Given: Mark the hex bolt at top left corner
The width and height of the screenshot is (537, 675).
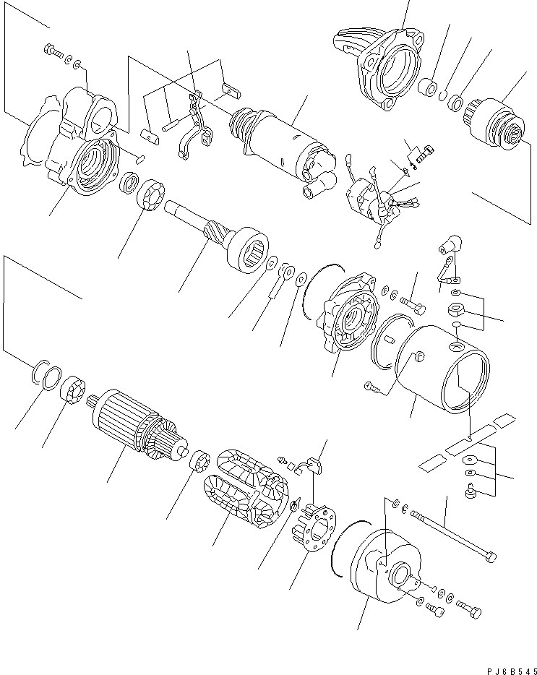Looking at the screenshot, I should point(52,51).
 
